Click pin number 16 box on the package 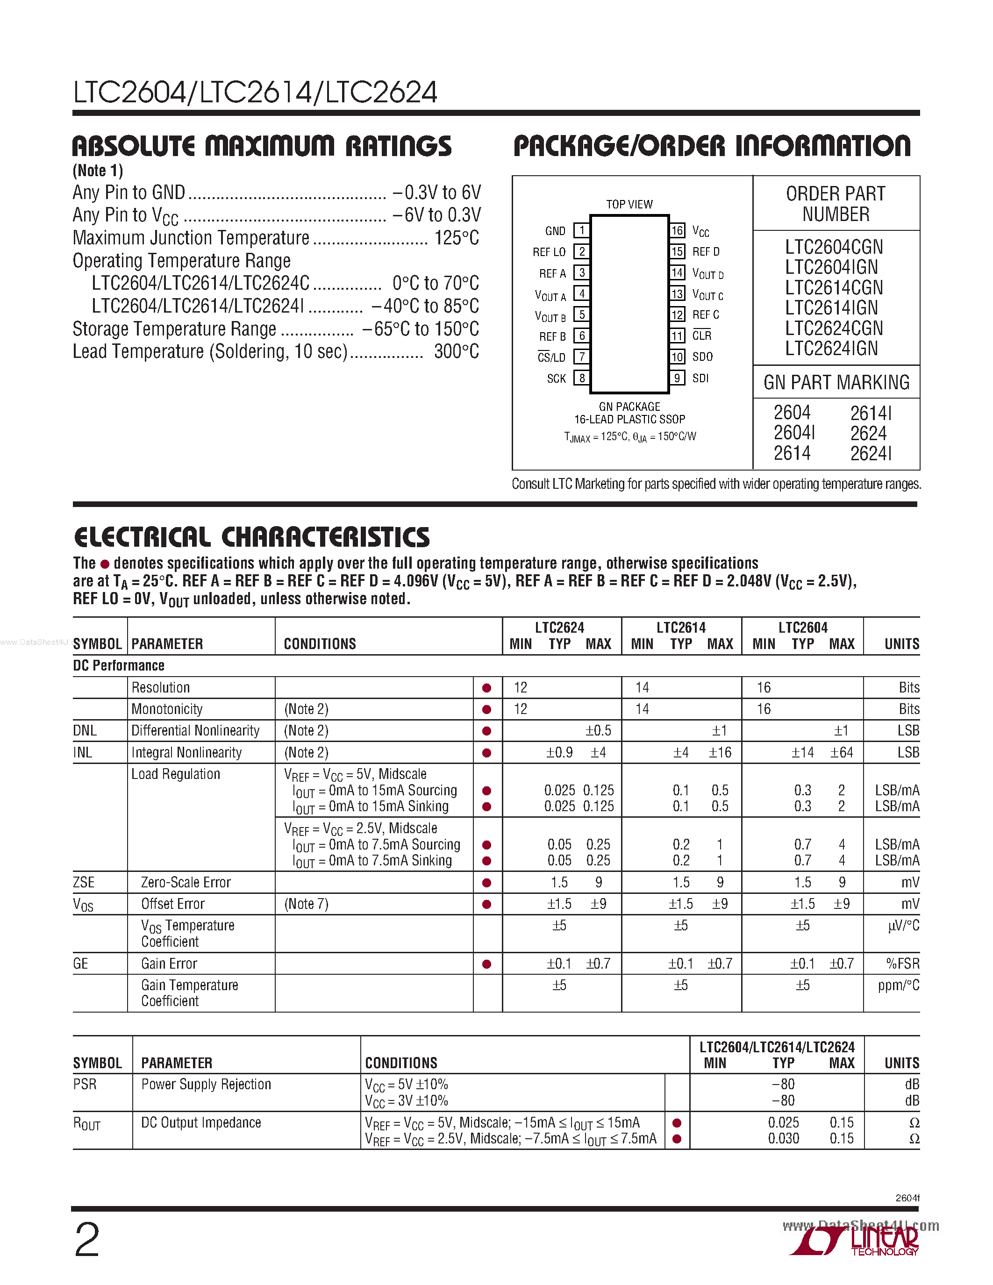(x=677, y=230)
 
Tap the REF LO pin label (x=549, y=252)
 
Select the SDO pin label (x=702, y=357)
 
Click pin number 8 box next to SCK (x=582, y=378)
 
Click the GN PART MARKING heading (x=836, y=382)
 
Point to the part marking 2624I (x=871, y=453)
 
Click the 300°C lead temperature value (x=456, y=351)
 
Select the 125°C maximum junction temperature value (x=456, y=238)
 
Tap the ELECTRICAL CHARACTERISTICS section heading (x=252, y=536)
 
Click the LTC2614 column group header (x=681, y=627)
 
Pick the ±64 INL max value (x=841, y=752)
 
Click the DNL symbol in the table (x=85, y=730)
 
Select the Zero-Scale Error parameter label (x=186, y=882)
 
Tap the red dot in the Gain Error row (x=486, y=964)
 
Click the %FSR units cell (x=902, y=964)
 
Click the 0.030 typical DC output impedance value (x=783, y=1138)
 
